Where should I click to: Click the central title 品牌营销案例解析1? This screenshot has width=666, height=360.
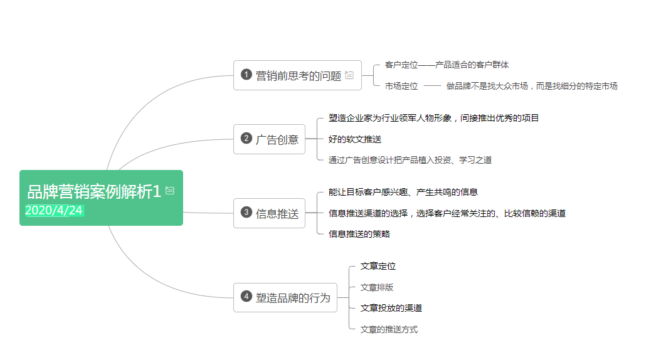pos(94,192)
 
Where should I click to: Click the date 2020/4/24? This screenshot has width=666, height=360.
pos(54,210)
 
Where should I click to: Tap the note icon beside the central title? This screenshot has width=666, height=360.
pos(170,191)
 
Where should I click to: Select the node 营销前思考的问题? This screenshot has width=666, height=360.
pos(297,75)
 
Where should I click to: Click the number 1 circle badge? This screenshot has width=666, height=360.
pos(246,75)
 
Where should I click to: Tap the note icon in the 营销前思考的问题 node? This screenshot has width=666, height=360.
pos(349,75)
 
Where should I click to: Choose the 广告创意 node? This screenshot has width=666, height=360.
pos(269,139)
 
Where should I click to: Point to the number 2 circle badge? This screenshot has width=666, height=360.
pos(246,138)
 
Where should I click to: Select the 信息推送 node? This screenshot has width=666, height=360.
pos(269,213)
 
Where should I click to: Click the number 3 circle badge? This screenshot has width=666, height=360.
pos(246,212)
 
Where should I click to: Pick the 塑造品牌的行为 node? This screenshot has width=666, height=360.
pos(285,297)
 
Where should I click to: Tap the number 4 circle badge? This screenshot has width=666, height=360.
pos(246,296)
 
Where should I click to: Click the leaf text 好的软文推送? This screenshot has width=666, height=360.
pos(355,139)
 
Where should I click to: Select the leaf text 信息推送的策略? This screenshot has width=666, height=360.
pos(359,234)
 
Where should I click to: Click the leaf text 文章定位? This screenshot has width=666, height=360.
pos(378,266)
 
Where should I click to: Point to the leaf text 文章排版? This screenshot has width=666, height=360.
pos(377,287)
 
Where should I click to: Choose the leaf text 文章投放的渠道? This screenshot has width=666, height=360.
pos(391,308)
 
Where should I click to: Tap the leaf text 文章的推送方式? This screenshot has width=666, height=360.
pos(389,329)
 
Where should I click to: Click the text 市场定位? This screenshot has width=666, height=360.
pos(401,87)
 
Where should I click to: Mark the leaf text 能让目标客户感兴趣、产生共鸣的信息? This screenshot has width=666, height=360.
pos(403,192)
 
